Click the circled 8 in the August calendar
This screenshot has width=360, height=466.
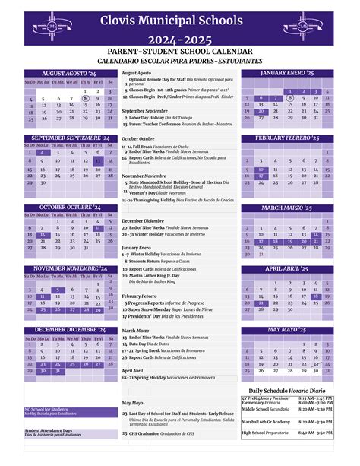point(86,98)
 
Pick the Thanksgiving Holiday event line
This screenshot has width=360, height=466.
point(178,199)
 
